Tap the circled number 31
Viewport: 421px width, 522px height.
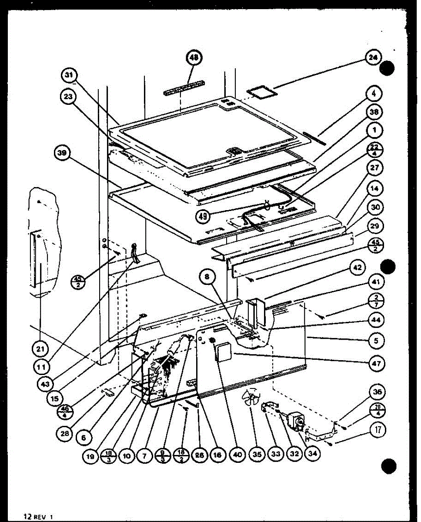tap(68, 76)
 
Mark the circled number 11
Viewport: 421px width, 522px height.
tap(41, 367)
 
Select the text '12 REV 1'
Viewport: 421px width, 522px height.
tap(38, 516)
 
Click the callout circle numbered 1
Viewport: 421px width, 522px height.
tap(374, 130)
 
